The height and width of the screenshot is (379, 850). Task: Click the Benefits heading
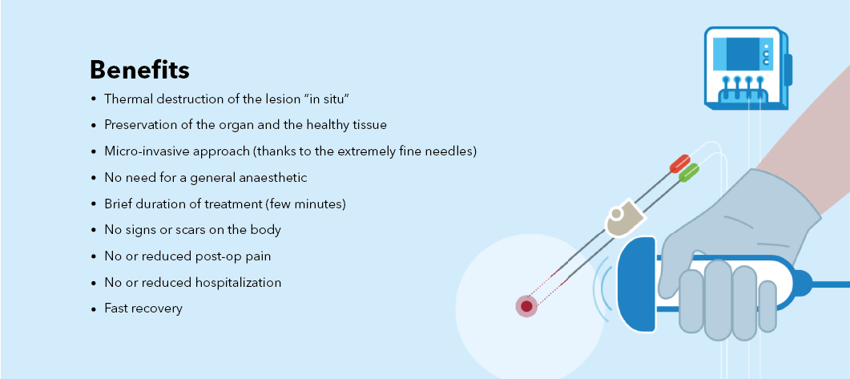(139, 70)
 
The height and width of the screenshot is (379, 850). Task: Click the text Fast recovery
(143, 308)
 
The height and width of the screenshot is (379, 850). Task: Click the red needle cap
(680, 163)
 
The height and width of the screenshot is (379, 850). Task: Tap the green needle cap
(688, 173)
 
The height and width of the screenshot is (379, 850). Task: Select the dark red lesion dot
(526, 307)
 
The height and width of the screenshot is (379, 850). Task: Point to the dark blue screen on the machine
(742, 54)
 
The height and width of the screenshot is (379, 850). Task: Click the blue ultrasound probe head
(638, 284)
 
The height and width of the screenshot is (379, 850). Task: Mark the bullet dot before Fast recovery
(93, 309)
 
